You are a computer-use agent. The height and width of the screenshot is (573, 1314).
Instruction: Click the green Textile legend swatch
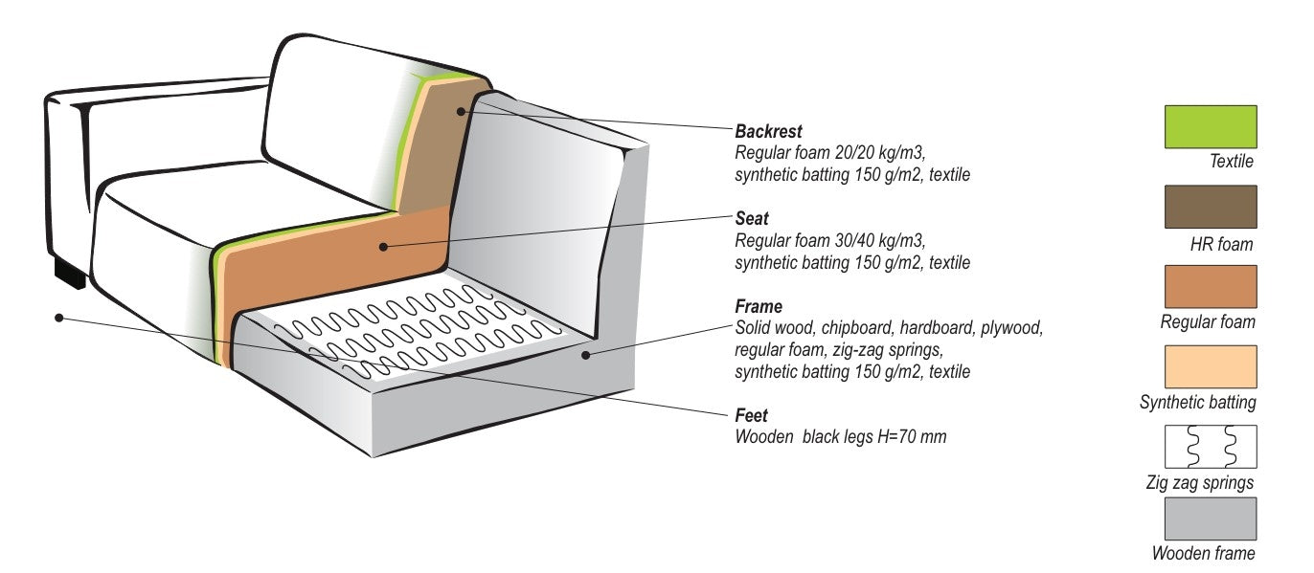click(1210, 126)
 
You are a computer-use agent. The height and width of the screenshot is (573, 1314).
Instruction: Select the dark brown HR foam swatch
click(1210, 207)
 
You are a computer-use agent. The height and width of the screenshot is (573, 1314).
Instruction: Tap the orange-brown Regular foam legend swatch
click(1210, 286)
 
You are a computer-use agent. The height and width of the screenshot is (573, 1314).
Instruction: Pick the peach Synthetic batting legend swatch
click(1210, 366)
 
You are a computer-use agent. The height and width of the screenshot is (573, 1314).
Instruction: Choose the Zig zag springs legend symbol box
click(1210, 446)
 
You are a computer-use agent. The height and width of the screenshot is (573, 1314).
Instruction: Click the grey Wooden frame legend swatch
click(1210, 518)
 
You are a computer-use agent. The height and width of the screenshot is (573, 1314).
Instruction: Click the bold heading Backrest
click(768, 131)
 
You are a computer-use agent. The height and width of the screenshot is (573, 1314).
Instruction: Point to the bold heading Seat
click(752, 219)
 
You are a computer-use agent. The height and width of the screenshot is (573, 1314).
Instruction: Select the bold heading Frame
click(759, 307)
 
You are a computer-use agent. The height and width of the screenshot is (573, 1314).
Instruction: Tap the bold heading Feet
click(752, 416)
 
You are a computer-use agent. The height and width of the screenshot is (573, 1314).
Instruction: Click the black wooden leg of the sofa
click(70, 275)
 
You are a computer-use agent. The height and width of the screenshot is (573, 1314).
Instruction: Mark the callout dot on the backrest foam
click(461, 112)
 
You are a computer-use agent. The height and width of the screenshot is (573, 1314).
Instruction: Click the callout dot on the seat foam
click(383, 247)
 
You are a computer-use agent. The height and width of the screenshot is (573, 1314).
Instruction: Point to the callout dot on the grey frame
click(585, 355)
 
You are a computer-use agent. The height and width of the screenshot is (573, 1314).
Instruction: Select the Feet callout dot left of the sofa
click(58, 317)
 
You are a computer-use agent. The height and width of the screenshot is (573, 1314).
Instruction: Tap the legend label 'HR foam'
click(1221, 245)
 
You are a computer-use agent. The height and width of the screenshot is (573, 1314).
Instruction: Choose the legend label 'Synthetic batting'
click(1197, 403)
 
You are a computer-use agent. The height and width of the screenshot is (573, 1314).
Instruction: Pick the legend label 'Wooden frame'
click(1203, 553)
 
